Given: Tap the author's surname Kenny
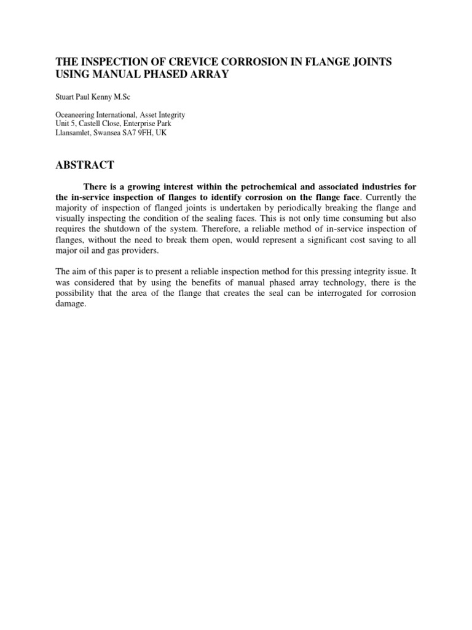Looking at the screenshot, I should [106, 97].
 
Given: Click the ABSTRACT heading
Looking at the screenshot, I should [85, 165].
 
